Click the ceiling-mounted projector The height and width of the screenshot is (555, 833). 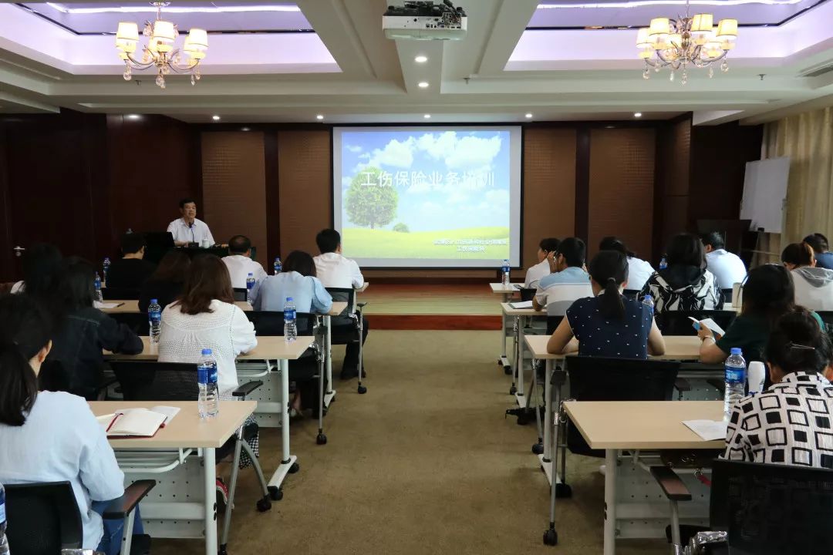tap(424, 22)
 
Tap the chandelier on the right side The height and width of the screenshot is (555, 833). tap(686, 44)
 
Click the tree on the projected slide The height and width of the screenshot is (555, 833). tap(371, 199)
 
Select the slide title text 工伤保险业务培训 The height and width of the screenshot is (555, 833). tap(427, 179)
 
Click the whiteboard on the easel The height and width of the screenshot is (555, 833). tap(764, 193)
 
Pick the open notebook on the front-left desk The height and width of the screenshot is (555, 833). tap(137, 421)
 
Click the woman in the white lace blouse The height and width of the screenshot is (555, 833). tap(206, 324)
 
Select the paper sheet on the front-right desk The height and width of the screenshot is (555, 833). tap(706, 429)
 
